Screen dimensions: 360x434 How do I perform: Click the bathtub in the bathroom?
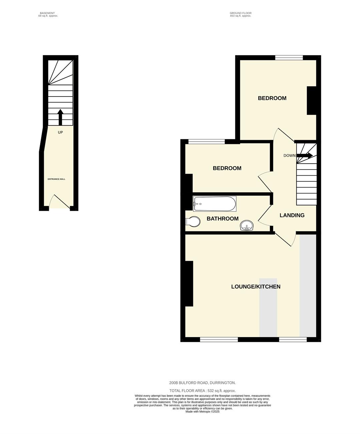pyautogui.click(x=215, y=204)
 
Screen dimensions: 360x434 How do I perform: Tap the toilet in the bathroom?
pyautogui.click(x=193, y=221)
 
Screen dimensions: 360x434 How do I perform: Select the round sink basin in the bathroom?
pyautogui.click(x=247, y=225)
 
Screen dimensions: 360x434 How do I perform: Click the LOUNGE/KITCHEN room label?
pyautogui.click(x=256, y=287)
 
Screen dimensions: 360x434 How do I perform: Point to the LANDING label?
pyautogui.click(x=292, y=215)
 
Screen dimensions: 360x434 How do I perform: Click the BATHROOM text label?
pyautogui.click(x=223, y=219)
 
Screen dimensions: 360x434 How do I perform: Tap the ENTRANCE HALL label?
pyautogui.click(x=56, y=179)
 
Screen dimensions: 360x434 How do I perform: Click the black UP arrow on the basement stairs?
pyautogui.click(x=60, y=117)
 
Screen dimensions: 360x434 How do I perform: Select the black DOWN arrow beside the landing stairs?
pyautogui.click(x=305, y=155)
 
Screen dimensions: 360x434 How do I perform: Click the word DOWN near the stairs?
pyautogui.click(x=289, y=156)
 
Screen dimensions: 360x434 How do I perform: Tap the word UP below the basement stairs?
pyautogui.click(x=60, y=133)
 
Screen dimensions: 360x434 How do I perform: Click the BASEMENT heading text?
pyautogui.click(x=47, y=13)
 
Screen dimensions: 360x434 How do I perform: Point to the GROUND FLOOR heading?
pyautogui.click(x=241, y=13)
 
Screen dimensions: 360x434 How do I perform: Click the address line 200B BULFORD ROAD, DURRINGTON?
pyautogui.click(x=203, y=383)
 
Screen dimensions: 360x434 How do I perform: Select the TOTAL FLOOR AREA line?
pyautogui.click(x=203, y=391)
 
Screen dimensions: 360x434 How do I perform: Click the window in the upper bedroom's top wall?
pyautogui.click(x=289, y=57)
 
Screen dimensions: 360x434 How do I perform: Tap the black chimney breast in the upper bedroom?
pyautogui.click(x=312, y=100)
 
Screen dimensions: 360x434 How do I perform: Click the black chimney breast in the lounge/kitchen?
pyautogui.click(x=189, y=283)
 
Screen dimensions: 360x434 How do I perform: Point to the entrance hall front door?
pyautogui.click(x=60, y=202)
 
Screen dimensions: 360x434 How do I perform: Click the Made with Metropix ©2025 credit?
pyautogui.click(x=202, y=411)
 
